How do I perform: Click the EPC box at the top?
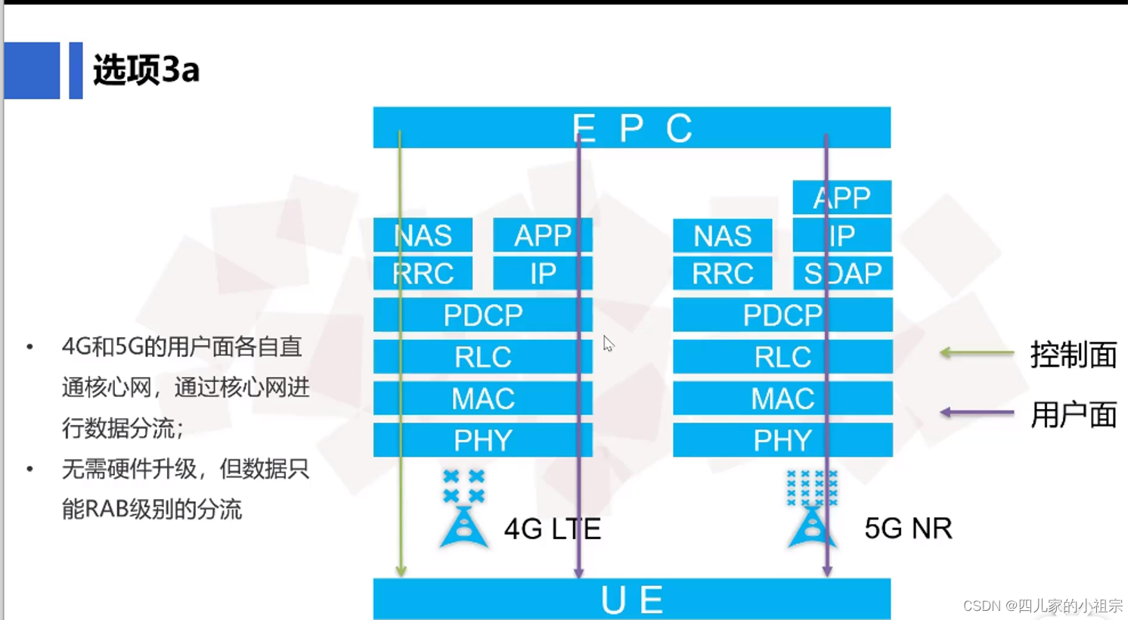coord(631,127)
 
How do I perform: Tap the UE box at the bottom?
coord(631,599)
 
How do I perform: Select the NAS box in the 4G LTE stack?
coord(423,235)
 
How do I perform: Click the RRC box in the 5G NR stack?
coord(722,273)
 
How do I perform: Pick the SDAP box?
coord(842,273)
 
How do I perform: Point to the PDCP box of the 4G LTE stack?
coord(482,315)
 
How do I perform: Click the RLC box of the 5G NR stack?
coord(782,356)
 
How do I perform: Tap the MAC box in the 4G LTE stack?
coord(482,398)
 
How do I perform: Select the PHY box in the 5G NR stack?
coord(782,440)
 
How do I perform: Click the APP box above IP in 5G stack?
coord(841,197)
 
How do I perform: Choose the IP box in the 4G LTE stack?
coord(542,273)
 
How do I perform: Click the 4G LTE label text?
coord(552,529)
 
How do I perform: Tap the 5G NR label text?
coord(908,529)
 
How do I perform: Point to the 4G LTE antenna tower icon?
coord(463,525)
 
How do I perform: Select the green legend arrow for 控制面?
coord(976,352)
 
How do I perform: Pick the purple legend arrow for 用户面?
coord(976,412)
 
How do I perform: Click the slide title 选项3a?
coord(146,70)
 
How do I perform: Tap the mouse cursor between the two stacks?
coord(608,344)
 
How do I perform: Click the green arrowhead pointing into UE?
coord(401,570)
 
